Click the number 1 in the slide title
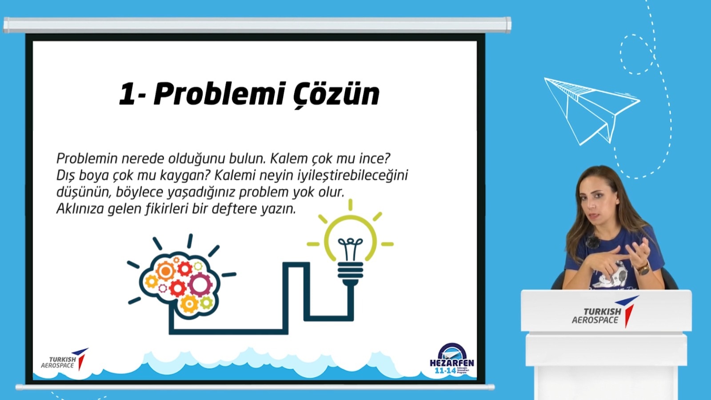[x=127, y=94]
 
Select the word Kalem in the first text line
[x=289, y=159]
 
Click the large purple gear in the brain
[x=200, y=284]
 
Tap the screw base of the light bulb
[x=350, y=271]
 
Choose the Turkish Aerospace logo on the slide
[x=64, y=360]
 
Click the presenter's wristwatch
[x=643, y=268]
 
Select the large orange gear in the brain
[x=166, y=270]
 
